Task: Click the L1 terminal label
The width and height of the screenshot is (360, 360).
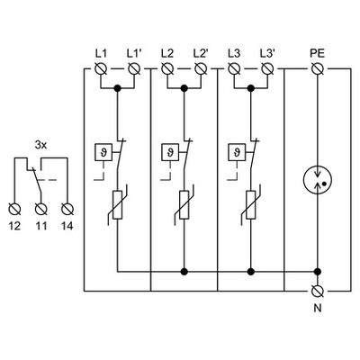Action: [101, 52]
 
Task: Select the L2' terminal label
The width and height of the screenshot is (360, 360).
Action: [202, 52]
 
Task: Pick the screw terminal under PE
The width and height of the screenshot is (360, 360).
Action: [316, 68]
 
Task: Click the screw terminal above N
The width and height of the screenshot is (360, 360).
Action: [316, 291]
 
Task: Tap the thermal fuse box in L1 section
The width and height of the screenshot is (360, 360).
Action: [100, 152]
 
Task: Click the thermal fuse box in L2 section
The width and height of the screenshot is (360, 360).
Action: [167, 152]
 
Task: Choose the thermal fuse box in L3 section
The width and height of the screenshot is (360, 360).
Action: [235, 152]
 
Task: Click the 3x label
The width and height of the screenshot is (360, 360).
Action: [41, 143]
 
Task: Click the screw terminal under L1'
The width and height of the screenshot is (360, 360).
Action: [134, 68]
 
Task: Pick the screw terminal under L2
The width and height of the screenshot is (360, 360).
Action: [168, 68]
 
